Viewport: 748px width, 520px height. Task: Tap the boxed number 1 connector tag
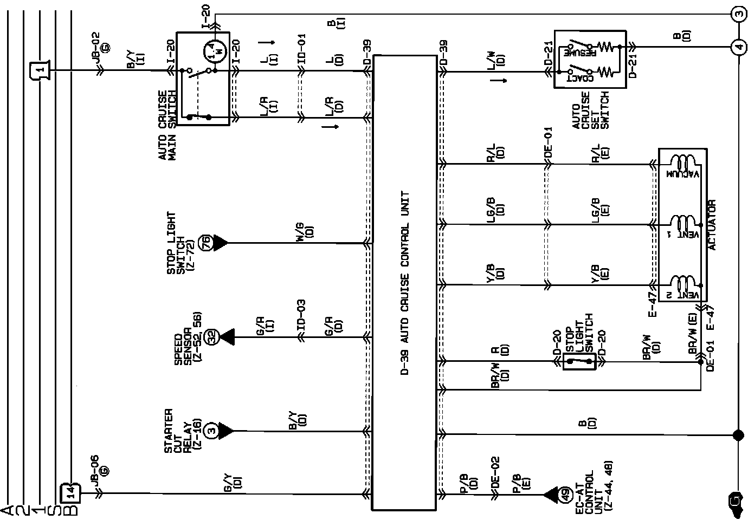pos(38,69)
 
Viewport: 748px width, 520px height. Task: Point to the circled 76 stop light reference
pos(205,243)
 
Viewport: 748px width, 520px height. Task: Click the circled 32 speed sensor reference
pos(212,337)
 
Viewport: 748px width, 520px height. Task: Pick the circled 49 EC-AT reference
pos(565,494)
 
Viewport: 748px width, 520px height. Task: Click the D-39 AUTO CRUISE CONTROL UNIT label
pos(404,284)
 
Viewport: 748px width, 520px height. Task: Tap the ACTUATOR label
pos(712,225)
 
